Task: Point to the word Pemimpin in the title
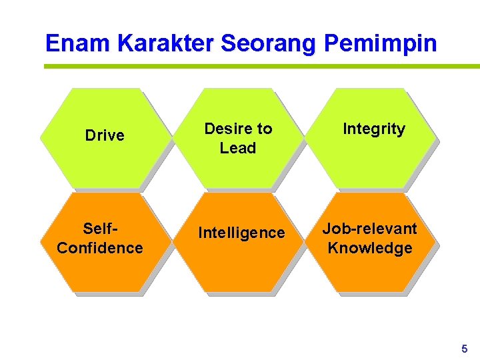coord(381,44)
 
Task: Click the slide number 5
coord(465,349)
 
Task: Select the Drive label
coord(105,135)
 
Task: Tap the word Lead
coord(238,148)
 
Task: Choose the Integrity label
coord(373,129)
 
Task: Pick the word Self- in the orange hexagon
coord(101,229)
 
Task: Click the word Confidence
coord(100,248)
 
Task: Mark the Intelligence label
coord(241,233)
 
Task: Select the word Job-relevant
coord(370,229)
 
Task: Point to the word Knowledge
coord(370,248)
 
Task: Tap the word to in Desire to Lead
coord(265,129)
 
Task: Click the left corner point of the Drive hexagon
coord(40,139)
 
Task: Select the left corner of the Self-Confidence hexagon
coord(40,243)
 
